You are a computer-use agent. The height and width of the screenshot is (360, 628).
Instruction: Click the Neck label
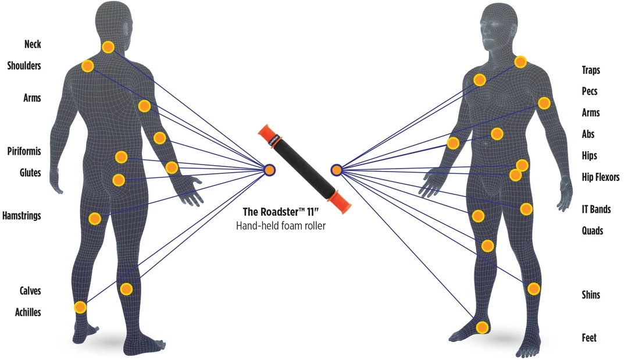coord(33,44)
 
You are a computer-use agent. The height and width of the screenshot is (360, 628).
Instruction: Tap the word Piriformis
coord(24,152)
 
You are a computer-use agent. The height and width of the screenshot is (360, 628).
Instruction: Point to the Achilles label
coord(28,312)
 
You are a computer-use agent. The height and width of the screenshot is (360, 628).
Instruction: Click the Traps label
coord(591,70)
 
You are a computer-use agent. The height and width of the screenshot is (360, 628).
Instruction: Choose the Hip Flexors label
coord(601,177)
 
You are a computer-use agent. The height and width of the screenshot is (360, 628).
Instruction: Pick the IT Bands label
coord(596,209)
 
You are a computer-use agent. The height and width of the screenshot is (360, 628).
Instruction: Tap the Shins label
coord(591,295)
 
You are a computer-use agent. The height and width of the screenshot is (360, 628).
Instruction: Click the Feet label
coord(589,338)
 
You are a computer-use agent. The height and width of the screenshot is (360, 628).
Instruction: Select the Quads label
coord(593,231)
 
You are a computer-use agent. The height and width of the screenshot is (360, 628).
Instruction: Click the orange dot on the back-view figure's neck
coord(108,47)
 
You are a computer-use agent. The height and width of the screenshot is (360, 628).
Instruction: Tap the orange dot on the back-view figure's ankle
coord(80,307)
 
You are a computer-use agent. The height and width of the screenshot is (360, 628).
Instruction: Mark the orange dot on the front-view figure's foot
coord(481,327)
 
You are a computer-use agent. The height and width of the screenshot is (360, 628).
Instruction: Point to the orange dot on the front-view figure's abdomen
coord(497,134)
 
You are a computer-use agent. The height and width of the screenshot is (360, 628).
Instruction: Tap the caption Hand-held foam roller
coord(280,226)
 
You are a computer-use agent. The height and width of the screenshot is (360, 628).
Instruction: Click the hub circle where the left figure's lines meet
coord(269,169)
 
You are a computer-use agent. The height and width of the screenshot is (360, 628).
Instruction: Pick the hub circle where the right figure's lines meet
coord(336,170)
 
